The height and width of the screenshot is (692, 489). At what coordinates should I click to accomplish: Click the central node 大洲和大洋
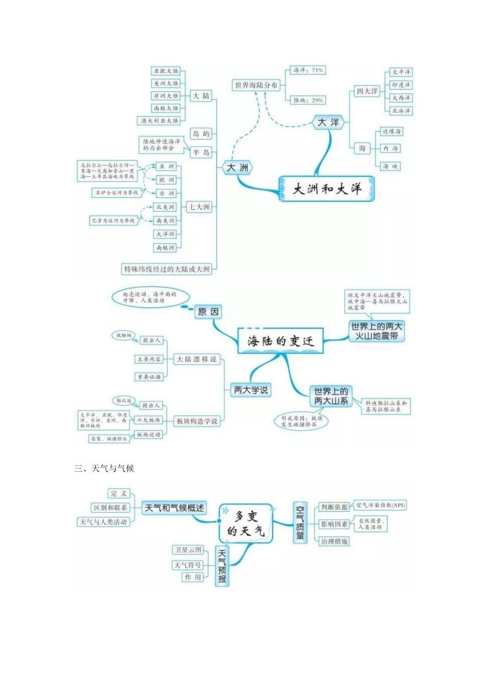(326, 189)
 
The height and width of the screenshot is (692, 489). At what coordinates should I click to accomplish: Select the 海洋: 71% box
(308, 70)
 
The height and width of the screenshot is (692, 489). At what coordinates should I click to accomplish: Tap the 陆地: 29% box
(308, 100)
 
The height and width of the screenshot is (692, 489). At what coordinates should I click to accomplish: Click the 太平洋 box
(401, 72)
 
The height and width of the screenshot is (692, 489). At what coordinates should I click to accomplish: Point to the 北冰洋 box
(401, 111)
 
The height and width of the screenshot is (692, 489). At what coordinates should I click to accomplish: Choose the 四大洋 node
(366, 91)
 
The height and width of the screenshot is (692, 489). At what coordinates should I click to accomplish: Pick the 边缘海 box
(392, 132)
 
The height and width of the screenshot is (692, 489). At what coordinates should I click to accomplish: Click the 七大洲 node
(200, 207)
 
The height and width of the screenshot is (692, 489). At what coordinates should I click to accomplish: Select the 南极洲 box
(165, 248)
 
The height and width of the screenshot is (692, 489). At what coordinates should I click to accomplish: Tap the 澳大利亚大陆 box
(160, 120)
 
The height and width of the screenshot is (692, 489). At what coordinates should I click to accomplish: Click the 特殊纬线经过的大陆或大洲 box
(167, 269)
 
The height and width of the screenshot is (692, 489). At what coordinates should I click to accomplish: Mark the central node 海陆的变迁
(280, 341)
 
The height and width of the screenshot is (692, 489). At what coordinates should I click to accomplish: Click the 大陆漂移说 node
(197, 359)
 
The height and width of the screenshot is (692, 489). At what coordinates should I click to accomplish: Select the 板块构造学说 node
(197, 421)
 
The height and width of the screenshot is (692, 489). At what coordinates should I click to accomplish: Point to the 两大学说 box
(251, 390)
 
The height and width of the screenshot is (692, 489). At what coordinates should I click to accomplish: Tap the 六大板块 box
(148, 420)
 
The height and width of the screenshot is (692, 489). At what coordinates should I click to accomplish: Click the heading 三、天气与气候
(104, 468)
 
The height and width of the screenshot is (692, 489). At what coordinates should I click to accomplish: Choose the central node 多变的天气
(246, 524)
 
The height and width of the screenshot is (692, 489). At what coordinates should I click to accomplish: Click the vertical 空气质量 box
(300, 523)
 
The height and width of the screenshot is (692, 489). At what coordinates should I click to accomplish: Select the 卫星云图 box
(188, 550)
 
